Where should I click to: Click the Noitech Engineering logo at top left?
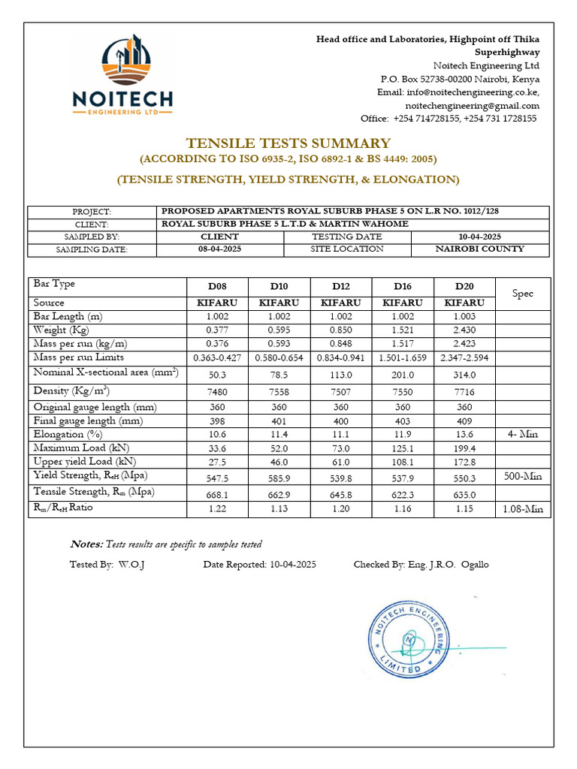point(122,76)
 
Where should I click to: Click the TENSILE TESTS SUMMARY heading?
point(288,143)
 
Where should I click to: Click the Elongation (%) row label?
point(68,434)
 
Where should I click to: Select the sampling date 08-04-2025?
point(220,249)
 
